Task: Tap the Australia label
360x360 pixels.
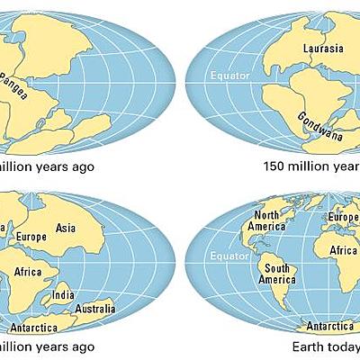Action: click(x=96, y=309)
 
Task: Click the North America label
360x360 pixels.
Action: click(x=267, y=220)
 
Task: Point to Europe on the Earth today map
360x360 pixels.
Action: click(x=344, y=217)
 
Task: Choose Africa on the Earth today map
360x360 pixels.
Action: click(x=346, y=251)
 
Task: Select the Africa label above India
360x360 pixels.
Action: click(x=30, y=273)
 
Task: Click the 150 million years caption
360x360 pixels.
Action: click(x=311, y=166)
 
